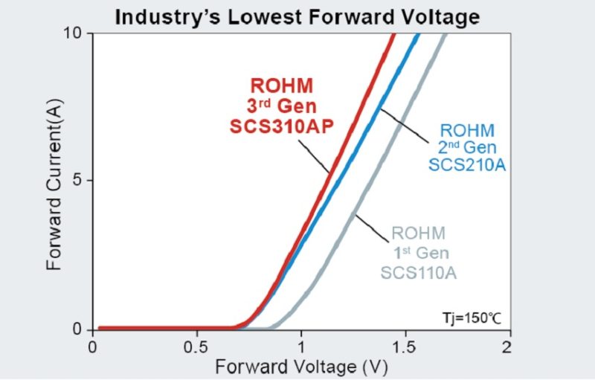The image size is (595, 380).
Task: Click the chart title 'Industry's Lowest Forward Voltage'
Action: [297, 16]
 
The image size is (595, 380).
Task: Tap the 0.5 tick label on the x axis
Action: [196, 347]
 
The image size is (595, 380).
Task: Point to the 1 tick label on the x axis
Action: [300, 347]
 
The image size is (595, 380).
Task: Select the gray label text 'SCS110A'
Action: [418, 273]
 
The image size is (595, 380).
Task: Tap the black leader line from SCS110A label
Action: [372, 228]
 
